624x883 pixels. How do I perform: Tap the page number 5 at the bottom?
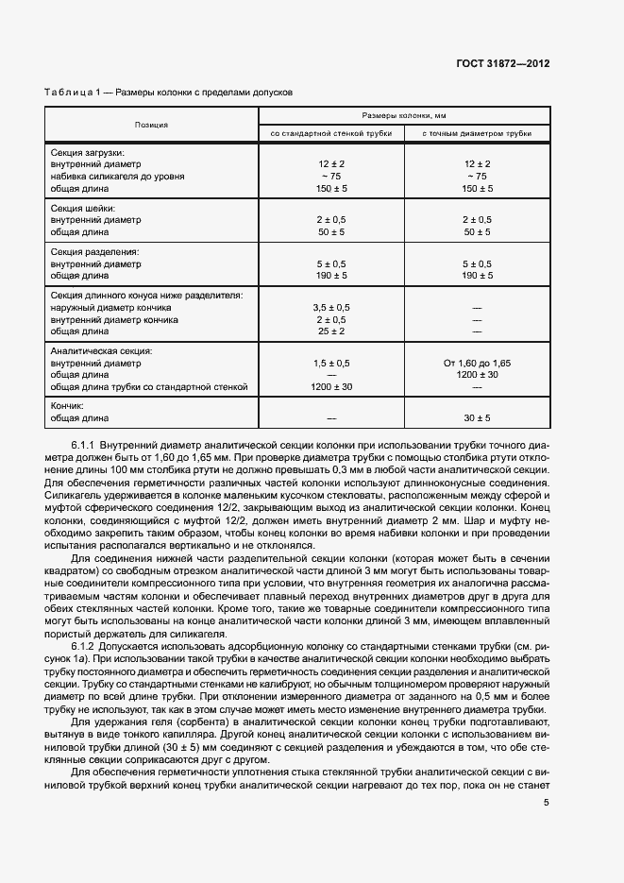coord(547,803)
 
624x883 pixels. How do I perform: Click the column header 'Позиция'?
coord(152,124)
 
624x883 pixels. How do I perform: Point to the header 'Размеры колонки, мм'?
coord(404,114)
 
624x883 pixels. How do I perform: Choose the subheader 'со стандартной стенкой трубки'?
coord(330,133)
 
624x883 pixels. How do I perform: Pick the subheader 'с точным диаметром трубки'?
coord(476,133)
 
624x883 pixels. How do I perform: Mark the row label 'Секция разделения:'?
coord(94,252)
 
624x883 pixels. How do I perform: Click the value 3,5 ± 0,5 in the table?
coord(330,308)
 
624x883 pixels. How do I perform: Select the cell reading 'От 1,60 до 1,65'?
coord(476,363)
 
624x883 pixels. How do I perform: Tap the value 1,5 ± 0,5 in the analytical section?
coord(330,363)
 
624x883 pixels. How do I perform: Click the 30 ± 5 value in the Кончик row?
coord(476,417)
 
